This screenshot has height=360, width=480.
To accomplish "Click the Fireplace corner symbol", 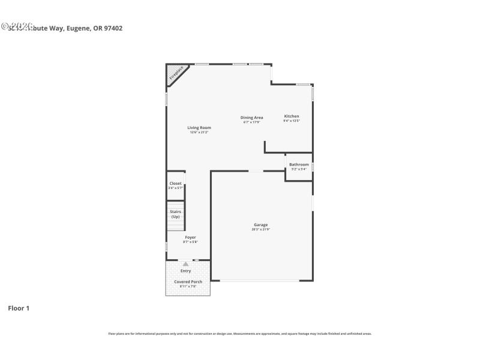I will pos(175,74).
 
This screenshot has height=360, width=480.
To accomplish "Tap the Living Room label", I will pos(199,128).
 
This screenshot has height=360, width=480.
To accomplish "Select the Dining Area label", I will pos(252,118).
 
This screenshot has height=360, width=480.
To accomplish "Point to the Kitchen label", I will pos(292,116).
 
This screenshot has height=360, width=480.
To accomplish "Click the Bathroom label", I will pos(299,164).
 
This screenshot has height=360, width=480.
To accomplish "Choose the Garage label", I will pos(260,225).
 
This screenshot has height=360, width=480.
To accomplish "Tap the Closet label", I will pos(175,184).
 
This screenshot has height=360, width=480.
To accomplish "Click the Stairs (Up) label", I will pos(175,214).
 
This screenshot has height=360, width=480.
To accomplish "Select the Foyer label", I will pos(190,238).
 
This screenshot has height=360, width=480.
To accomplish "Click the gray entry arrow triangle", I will pos(186,263).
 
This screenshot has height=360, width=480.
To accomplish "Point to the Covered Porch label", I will pos(188,281).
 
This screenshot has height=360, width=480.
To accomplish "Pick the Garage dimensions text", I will pos(260,230).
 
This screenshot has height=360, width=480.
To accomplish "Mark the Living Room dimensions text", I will pos(199,133).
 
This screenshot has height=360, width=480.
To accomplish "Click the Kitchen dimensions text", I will pos(292,121).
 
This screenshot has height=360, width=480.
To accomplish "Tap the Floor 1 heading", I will pos(19,308).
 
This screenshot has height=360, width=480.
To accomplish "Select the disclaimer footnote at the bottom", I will pos(239,334).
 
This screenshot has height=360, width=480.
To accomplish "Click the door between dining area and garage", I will pos(256,172).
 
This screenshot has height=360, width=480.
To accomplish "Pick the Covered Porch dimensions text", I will pos(188,287).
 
